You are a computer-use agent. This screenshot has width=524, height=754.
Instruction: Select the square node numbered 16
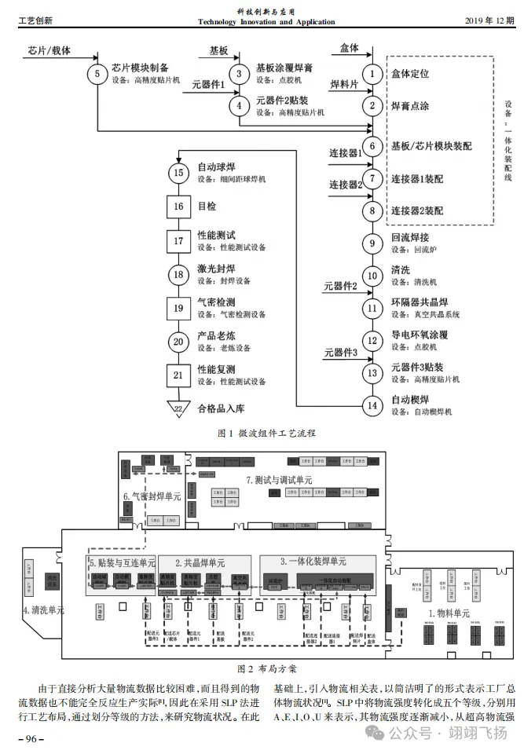coord(179,207)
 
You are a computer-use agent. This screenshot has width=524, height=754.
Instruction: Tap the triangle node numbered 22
coord(179,408)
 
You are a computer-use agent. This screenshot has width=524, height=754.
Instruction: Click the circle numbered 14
coord(373,405)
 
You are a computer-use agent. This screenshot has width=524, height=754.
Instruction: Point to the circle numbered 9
coord(373,242)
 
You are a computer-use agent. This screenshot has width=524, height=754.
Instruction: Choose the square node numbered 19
coord(179,307)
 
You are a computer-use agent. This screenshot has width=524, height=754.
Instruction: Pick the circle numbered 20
coord(179,341)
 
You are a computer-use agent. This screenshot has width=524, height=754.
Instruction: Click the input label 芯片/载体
coord(49,50)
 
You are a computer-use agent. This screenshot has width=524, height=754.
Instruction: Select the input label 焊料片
coord(343,84)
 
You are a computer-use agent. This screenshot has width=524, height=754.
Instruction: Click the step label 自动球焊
coord(217,167)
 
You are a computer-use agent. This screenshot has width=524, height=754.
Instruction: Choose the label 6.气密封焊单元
coord(152,496)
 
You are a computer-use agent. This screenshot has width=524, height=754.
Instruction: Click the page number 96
coord(32,738)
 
